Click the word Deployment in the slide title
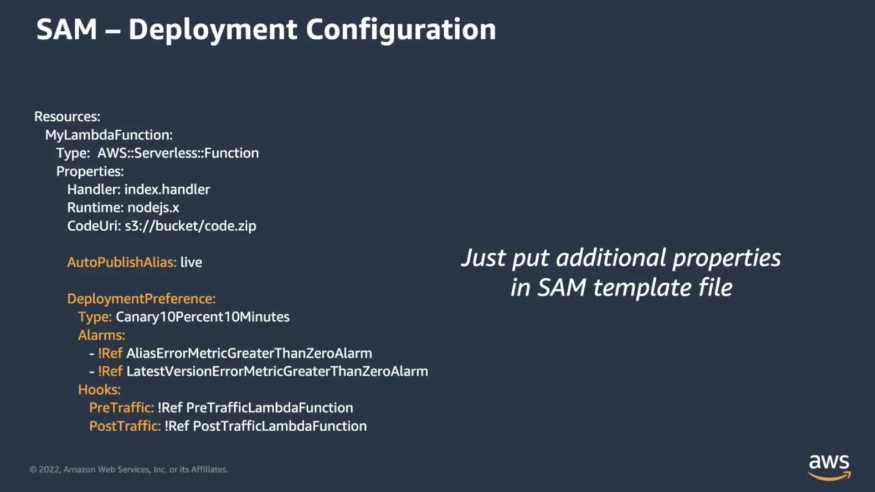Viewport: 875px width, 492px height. pos(213,30)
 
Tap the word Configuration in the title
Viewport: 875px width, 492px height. pos(401,30)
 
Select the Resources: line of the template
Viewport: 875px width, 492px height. pos(67,116)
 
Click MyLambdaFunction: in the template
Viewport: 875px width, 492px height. pos(109,135)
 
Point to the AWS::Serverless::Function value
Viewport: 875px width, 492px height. pos(178,153)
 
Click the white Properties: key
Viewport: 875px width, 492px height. pos(90,172)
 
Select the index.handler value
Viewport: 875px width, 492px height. pos(167,189)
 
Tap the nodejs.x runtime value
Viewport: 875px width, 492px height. pos(153,208)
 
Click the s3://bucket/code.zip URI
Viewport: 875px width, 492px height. pos(191,226)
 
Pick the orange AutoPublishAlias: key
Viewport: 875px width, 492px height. pos(122,262)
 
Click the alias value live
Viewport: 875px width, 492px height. pos(192,262)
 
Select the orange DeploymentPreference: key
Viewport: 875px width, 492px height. pos(141,299)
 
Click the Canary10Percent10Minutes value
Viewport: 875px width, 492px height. pos(203,317)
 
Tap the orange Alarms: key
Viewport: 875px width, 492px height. pos(101,335)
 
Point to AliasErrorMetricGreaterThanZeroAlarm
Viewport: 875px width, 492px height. pos(249,353)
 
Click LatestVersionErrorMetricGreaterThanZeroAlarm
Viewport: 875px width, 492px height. pos(277,371)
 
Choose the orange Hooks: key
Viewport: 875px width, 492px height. pos(100,389)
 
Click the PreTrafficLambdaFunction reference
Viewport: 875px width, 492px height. pos(270,408)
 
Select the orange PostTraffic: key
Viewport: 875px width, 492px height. pos(125,426)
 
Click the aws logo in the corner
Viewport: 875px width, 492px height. pos(829,467)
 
